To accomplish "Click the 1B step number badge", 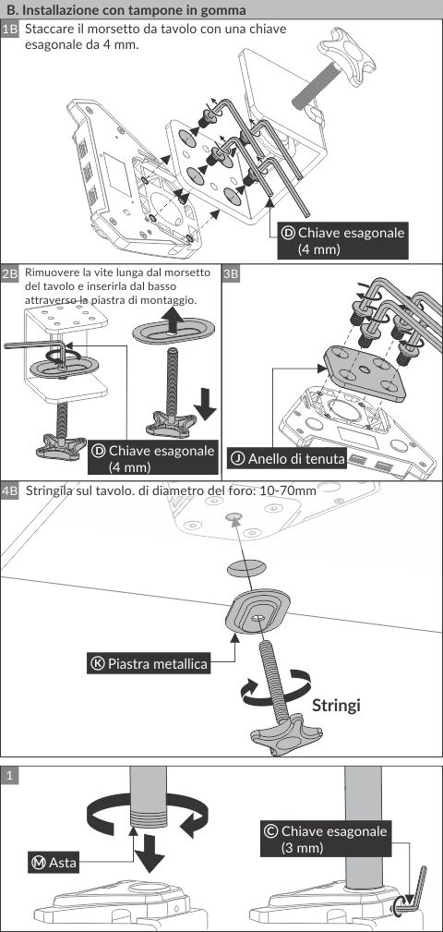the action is coord(11,30).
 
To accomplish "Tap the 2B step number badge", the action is coord(11,273).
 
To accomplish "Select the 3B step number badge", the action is coord(231,273).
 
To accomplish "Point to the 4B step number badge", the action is coord(11,491).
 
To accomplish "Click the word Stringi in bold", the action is coord(336,706).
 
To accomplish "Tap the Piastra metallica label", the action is coord(150,663).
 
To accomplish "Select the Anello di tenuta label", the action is coord(287,458).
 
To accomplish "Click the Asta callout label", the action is coord(54,863).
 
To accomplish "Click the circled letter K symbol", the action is coord(98,663).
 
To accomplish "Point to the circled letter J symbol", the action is coord(238,458).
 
